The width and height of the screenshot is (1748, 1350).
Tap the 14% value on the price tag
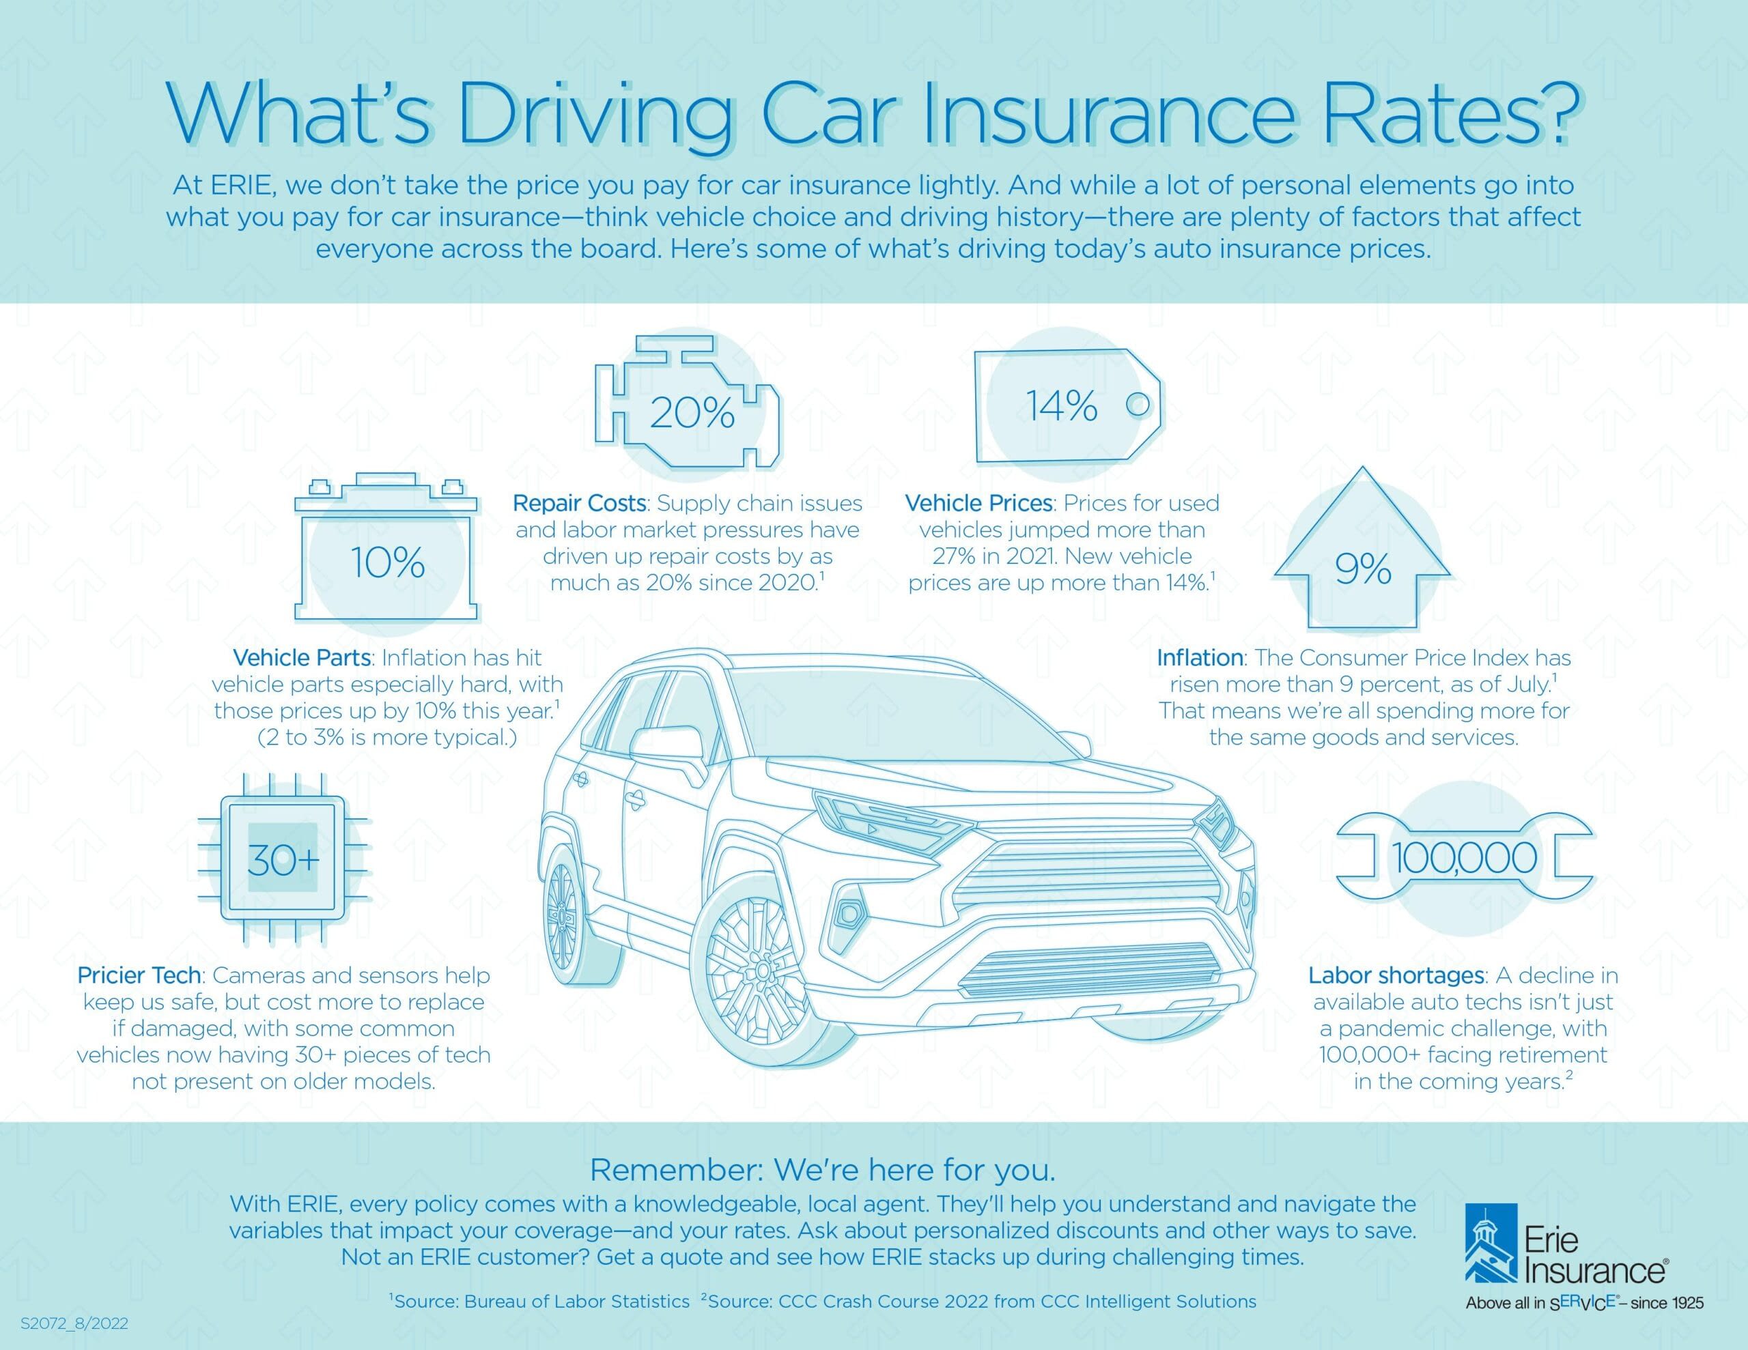(x=1062, y=405)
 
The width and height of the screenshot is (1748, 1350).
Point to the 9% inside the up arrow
(x=1362, y=569)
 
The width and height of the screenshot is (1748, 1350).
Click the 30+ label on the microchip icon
(x=283, y=859)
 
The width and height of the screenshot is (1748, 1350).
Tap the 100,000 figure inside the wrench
(x=1464, y=859)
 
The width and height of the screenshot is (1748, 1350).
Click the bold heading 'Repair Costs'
(x=578, y=503)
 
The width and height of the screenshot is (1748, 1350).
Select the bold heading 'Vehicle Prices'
(x=978, y=503)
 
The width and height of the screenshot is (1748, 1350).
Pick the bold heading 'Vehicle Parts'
(x=302, y=658)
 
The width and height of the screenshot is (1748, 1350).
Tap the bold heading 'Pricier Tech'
(x=139, y=975)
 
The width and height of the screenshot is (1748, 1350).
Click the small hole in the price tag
(x=1138, y=405)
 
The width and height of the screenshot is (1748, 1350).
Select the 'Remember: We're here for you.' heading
(x=822, y=1170)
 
